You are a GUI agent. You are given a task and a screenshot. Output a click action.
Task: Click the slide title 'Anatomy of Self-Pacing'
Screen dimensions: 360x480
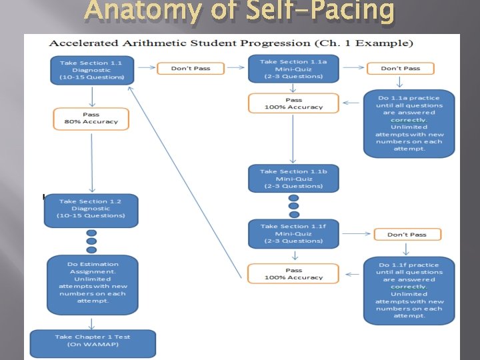pyautogui.click(x=239, y=12)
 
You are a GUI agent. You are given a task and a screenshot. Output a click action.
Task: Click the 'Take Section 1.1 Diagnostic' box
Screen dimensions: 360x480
pyautogui.click(x=92, y=69)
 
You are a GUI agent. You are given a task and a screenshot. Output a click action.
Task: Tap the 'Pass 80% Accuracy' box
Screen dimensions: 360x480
pyautogui.click(x=91, y=118)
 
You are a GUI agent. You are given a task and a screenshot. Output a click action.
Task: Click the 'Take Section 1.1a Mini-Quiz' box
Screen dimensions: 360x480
pyautogui.click(x=293, y=69)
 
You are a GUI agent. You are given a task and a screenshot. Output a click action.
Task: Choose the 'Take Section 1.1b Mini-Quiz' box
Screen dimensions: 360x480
pyautogui.click(x=293, y=179)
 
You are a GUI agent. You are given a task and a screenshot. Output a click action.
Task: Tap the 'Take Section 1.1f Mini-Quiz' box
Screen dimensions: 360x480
pyautogui.click(x=293, y=234)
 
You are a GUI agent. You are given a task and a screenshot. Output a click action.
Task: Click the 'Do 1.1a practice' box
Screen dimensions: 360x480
pyautogui.click(x=409, y=123)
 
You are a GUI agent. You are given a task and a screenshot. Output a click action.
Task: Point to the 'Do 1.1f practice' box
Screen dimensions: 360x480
pyautogui.click(x=409, y=291)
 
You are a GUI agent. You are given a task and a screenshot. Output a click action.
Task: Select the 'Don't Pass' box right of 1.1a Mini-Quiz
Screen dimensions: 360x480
pyautogui.click(x=400, y=69)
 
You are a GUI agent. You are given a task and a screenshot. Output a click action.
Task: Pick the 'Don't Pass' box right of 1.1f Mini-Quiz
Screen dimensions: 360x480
pyautogui.click(x=407, y=235)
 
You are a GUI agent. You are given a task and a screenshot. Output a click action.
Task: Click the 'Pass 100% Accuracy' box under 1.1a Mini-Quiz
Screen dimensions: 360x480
pyautogui.click(x=293, y=103)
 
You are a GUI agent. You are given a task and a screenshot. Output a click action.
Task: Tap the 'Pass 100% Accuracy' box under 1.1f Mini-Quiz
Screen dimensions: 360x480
pyautogui.click(x=293, y=273)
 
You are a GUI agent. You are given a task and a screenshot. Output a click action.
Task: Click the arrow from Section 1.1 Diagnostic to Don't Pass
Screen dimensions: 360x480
pyautogui.click(x=147, y=69)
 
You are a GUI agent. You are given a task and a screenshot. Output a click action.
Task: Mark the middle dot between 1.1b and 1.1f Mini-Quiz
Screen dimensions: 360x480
pyautogui.click(x=293, y=206)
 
